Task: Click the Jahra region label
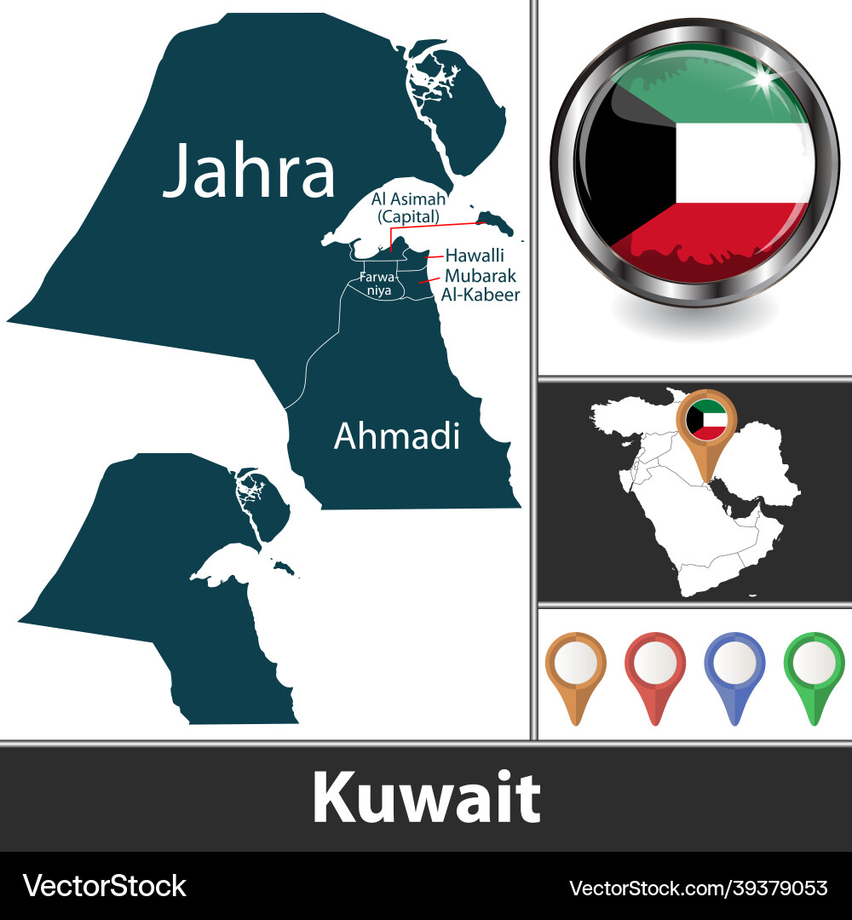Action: [x=249, y=171]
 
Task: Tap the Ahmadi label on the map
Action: [x=396, y=435]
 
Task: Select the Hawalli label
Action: [x=475, y=256]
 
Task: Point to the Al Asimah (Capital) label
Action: [x=408, y=208]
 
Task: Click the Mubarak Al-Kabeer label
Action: [x=481, y=285]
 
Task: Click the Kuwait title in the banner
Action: [x=426, y=798]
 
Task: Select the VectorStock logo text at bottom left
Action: [x=104, y=886]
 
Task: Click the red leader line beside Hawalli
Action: [x=434, y=255]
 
